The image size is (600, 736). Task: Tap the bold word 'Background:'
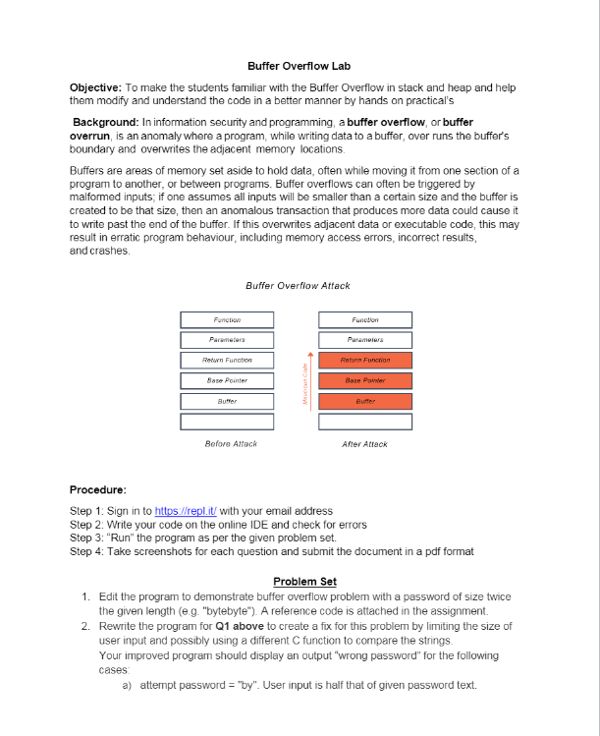click(x=111, y=121)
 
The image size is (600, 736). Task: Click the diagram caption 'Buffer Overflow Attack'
click(x=298, y=286)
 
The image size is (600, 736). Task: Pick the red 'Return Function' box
click(x=364, y=361)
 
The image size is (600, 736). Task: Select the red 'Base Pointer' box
click(x=364, y=380)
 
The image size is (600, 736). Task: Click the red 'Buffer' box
click(x=364, y=401)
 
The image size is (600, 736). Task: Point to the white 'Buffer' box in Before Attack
click(x=227, y=401)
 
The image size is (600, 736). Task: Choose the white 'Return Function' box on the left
click(x=227, y=361)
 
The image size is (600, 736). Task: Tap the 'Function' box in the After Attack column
click(x=364, y=319)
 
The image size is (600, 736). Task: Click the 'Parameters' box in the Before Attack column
click(x=227, y=340)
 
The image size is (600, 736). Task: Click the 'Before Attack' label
click(x=231, y=444)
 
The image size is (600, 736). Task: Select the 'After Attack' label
click(x=364, y=444)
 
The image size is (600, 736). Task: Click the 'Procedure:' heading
click(x=98, y=489)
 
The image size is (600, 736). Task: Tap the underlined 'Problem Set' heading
click(x=298, y=582)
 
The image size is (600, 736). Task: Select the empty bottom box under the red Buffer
click(x=364, y=422)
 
